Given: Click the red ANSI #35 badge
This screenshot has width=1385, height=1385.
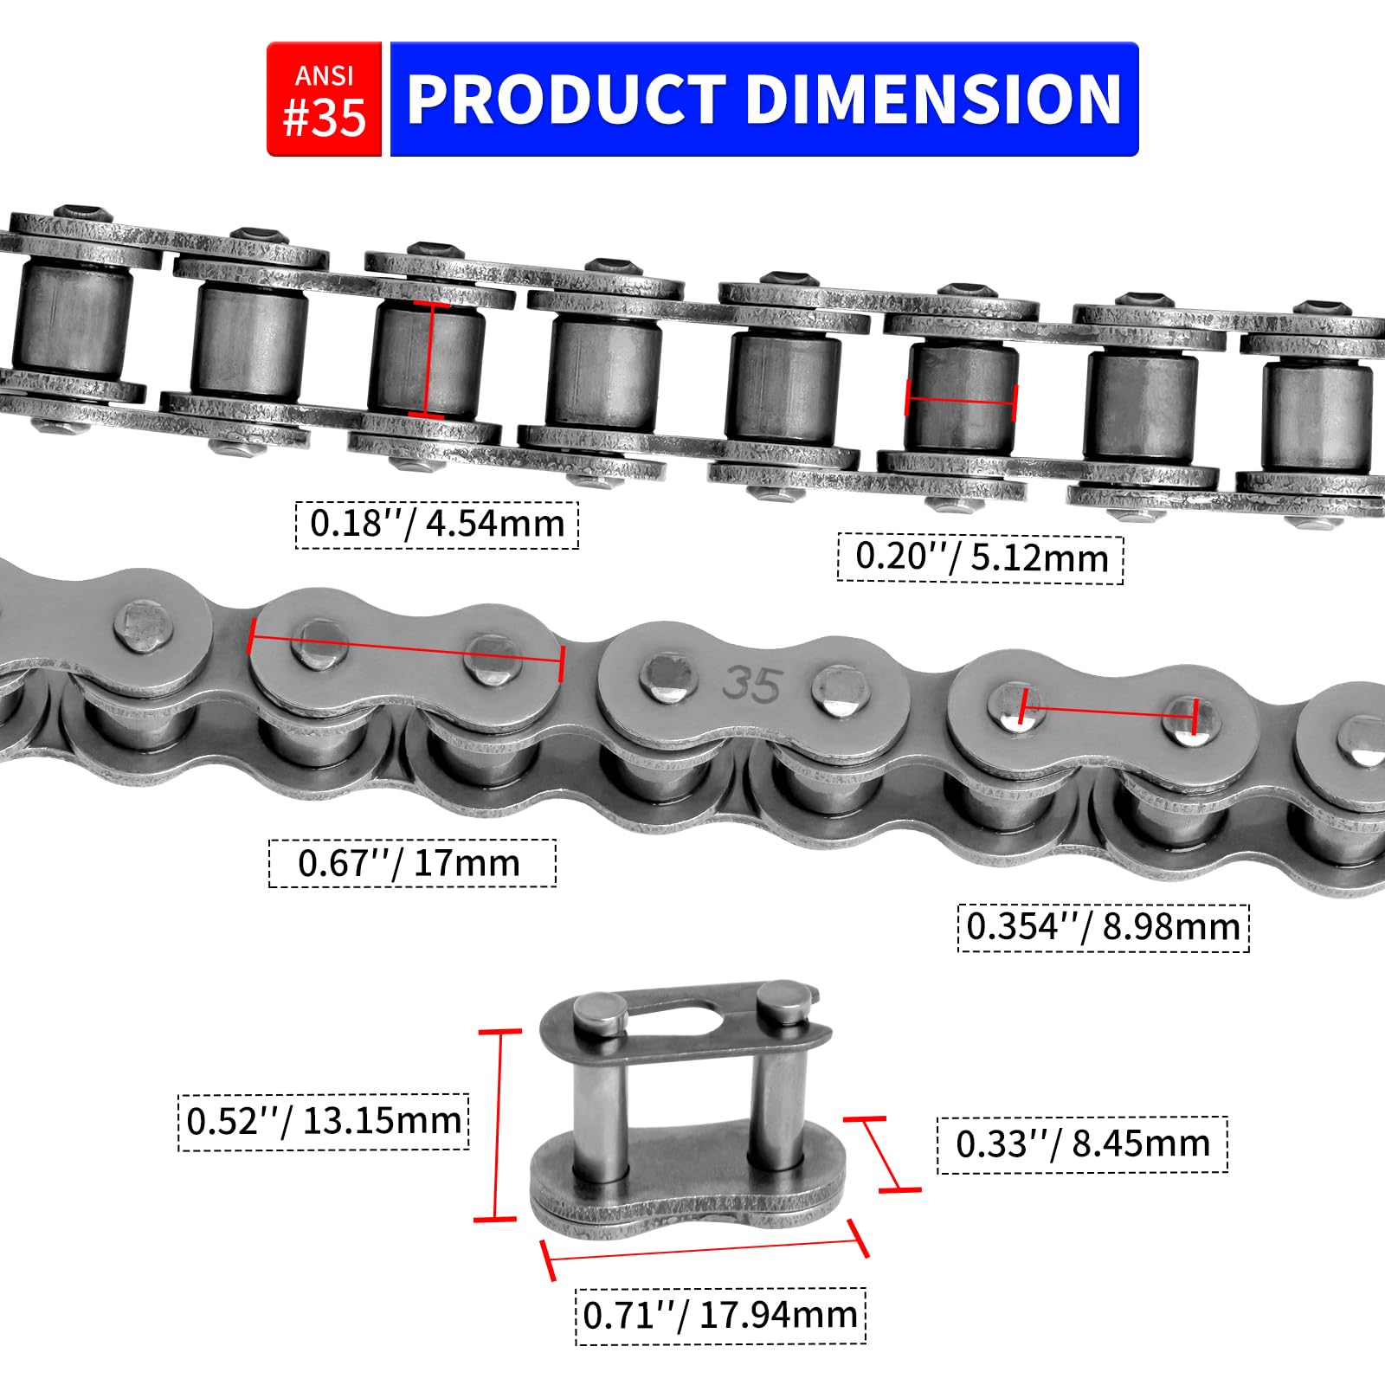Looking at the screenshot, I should click(x=324, y=100).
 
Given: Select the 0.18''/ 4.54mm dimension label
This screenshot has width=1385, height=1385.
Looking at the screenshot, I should click(x=437, y=525).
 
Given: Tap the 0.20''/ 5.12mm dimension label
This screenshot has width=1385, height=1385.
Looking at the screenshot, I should click(x=981, y=558).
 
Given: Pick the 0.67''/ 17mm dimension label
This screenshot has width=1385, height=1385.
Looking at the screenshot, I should click(x=412, y=863).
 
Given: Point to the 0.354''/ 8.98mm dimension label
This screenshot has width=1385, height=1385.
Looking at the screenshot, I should click(x=1103, y=927).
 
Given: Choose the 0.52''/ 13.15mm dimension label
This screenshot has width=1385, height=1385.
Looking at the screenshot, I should click(x=324, y=1122).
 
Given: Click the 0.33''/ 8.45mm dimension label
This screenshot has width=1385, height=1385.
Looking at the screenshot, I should click(x=1082, y=1144).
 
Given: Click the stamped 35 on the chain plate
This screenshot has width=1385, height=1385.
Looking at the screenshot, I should click(x=752, y=685).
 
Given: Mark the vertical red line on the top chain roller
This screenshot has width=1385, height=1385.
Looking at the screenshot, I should click(x=427, y=359).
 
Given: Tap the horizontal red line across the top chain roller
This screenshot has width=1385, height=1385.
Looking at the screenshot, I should click(x=960, y=401).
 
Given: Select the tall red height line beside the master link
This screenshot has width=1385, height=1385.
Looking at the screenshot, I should click(x=498, y=1125).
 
